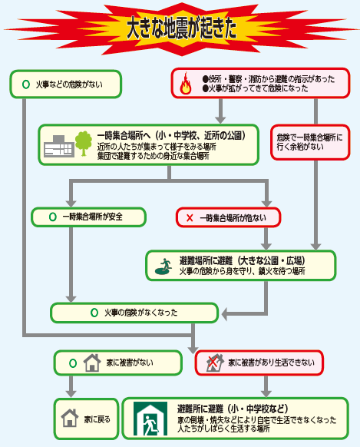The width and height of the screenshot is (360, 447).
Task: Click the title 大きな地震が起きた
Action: (x=181, y=28)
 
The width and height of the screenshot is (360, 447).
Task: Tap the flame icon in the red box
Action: (x=186, y=83)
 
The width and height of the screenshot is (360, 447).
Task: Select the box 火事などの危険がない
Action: (x=66, y=84)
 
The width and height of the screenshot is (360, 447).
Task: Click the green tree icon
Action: (x=84, y=144)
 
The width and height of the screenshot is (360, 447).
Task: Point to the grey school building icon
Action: (x=59, y=146)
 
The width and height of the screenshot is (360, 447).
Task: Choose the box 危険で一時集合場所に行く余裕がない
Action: (x=310, y=142)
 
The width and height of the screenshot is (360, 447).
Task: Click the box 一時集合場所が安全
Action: (x=88, y=217)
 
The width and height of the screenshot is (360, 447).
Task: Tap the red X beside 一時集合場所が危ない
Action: (x=190, y=218)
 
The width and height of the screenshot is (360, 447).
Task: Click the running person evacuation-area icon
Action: (x=163, y=267)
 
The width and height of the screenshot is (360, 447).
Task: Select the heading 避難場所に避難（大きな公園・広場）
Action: (x=242, y=260)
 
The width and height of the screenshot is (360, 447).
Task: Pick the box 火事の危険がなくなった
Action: (x=134, y=313)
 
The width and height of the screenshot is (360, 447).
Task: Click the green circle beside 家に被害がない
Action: (x=73, y=363)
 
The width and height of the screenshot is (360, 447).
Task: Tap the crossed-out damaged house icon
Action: (x=214, y=363)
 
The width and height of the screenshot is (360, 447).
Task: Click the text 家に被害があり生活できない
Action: (x=271, y=363)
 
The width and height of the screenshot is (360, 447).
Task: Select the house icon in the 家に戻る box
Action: (x=70, y=418)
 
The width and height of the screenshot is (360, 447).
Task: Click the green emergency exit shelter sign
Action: (x=150, y=419)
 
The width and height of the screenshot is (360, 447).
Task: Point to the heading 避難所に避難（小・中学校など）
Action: (x=233, y=409)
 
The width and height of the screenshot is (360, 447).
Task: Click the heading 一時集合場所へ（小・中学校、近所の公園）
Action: (x=171, y=136)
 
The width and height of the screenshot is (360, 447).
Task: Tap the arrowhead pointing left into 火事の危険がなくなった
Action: (x=224, y=314)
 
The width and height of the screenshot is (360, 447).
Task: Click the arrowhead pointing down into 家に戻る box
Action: (x=71, y=394)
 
